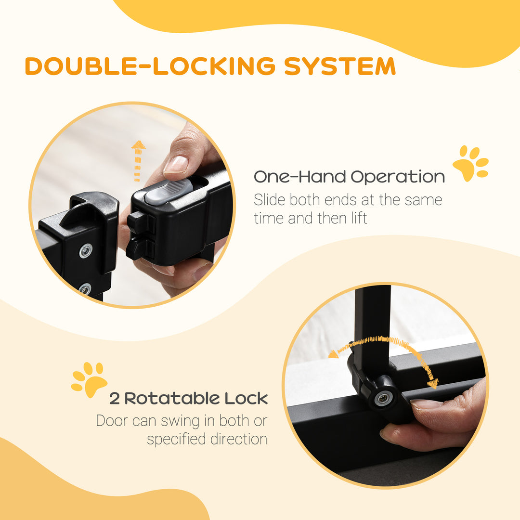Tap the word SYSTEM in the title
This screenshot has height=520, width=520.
pos(339,66)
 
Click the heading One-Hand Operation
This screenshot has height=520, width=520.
pos(349,177)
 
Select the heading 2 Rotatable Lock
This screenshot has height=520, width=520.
pos(188,398)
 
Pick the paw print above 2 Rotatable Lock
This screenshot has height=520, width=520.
pos(89,379)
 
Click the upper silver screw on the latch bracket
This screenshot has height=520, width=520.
pos(86,251)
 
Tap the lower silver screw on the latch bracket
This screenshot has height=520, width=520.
pos(85,289)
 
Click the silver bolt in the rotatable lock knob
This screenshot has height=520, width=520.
pos(384,398)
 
